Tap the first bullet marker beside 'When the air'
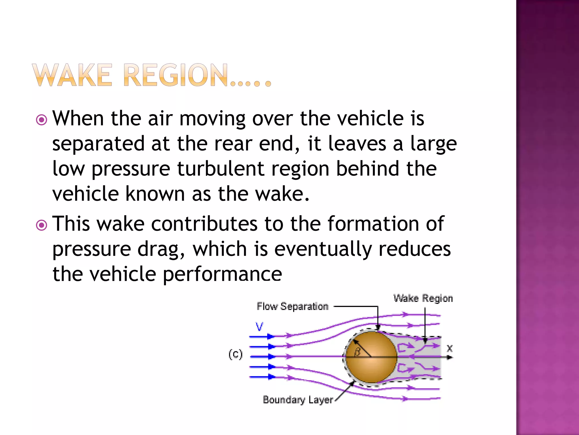42,120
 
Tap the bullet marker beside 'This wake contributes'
42,225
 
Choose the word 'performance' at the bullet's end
222,274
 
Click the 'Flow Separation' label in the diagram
293,306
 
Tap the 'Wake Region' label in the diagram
423,298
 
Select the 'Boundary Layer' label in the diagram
298,400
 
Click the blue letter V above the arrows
259,327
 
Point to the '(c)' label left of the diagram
236,354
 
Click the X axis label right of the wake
450,348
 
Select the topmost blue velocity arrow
262,336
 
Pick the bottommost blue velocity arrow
262,377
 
